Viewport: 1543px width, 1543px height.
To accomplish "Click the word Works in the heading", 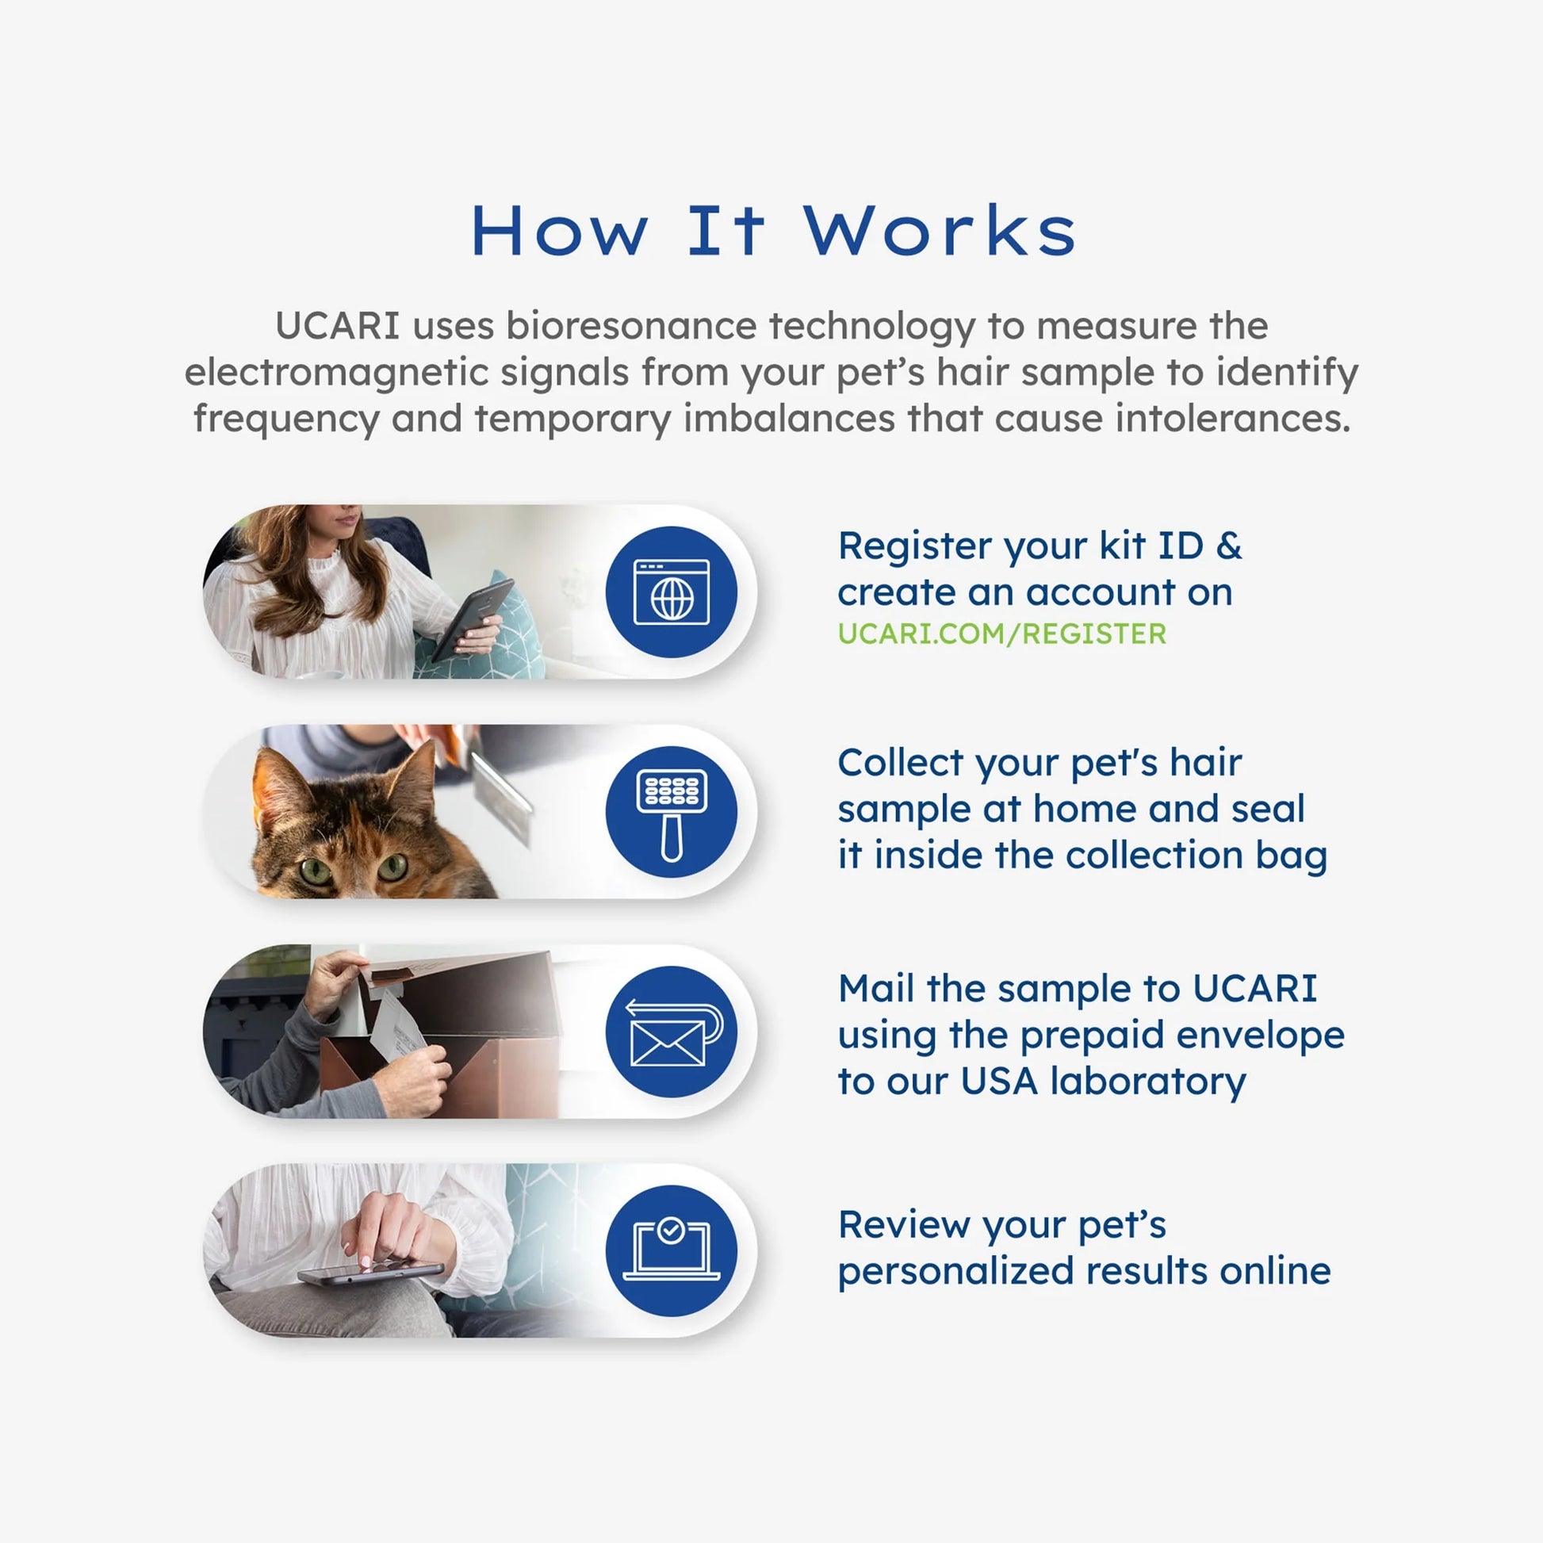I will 940,231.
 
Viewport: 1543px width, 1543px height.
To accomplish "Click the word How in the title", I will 559,231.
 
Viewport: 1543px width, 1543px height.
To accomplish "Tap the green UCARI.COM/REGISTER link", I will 1001,634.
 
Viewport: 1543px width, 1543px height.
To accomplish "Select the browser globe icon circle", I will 671,592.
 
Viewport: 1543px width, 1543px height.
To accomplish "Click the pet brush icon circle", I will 671,812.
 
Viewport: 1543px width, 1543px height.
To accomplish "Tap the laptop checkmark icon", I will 671,1250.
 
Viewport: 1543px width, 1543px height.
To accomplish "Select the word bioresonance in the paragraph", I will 631,326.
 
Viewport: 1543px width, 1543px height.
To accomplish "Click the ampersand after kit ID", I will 1228,546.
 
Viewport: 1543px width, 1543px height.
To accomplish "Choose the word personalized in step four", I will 955,1272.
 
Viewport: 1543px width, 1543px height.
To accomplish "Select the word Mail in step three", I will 876,989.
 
